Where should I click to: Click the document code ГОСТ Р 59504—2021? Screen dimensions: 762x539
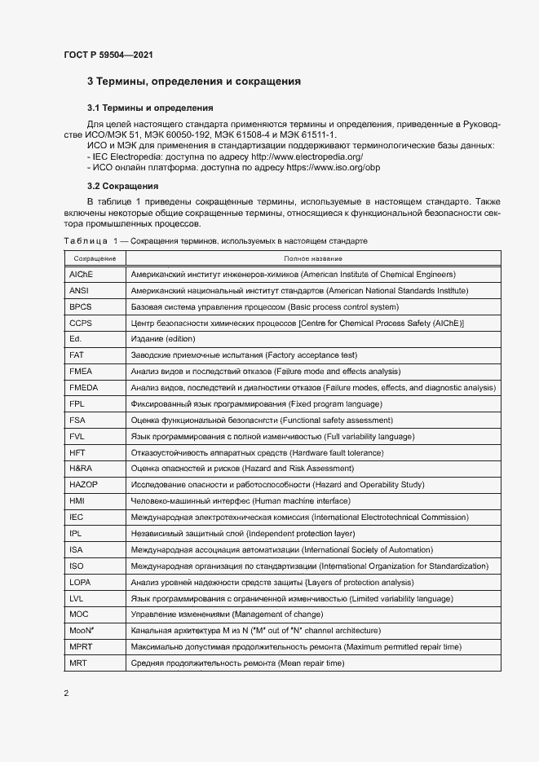tap(108, 55)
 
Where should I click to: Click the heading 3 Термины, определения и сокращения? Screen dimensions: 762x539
tap(194, 81)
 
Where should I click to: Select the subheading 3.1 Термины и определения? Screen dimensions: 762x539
tap(150, 108)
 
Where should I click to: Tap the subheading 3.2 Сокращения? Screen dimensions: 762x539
tap(122, 186)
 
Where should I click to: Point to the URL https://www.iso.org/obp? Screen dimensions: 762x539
tap(333, 167)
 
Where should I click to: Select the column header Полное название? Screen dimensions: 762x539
tap(313, 258)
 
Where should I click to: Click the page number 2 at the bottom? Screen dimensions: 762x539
tap(66, 694)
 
